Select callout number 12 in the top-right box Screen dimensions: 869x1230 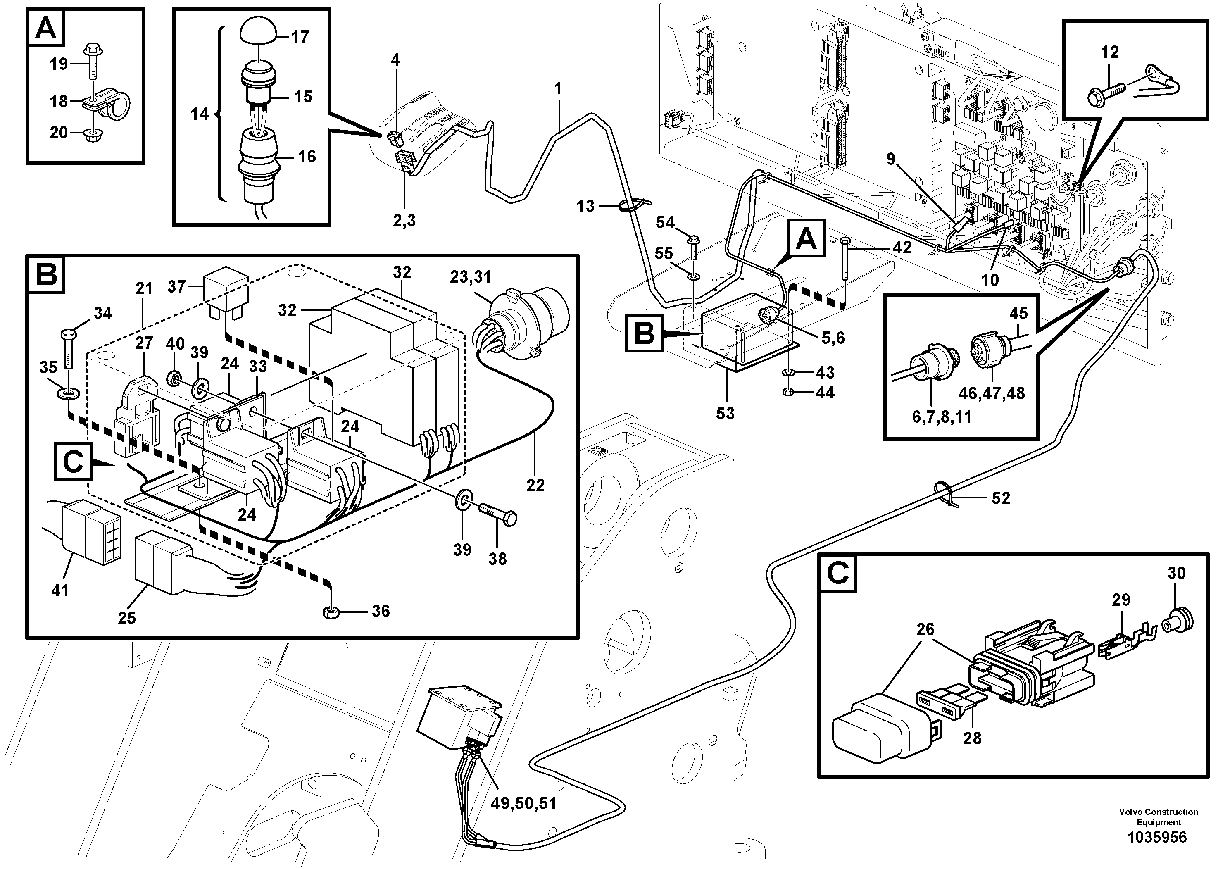click(x=1109, y=52)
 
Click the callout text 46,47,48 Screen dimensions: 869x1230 click(x=991, y=393)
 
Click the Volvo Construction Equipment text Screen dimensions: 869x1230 click(x=1158, y=817)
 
